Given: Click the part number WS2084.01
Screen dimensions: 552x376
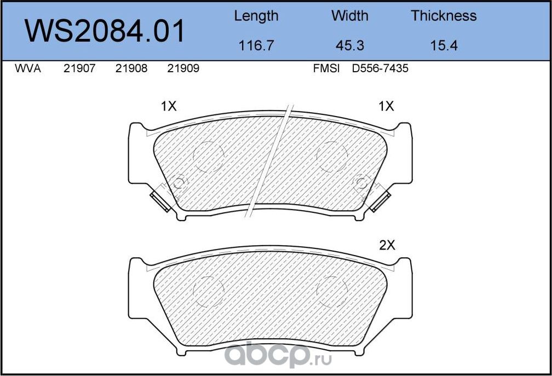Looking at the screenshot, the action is coord(105,31).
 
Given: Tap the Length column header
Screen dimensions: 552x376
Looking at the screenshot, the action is coord(256,16).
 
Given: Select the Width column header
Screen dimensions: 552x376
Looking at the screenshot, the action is coord(349,16).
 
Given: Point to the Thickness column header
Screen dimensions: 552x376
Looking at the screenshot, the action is coord(444,16).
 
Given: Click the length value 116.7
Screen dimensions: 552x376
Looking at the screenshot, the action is coord(256,46).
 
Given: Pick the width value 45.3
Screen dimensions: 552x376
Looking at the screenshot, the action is coord(349,46).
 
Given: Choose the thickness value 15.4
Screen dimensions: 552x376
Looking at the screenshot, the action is coord(444,46).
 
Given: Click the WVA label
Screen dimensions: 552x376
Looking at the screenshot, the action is coord(28,68).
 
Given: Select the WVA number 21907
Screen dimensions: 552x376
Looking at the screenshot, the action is coord(79,68).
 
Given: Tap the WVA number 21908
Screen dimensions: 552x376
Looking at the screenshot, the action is coord(131,68).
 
